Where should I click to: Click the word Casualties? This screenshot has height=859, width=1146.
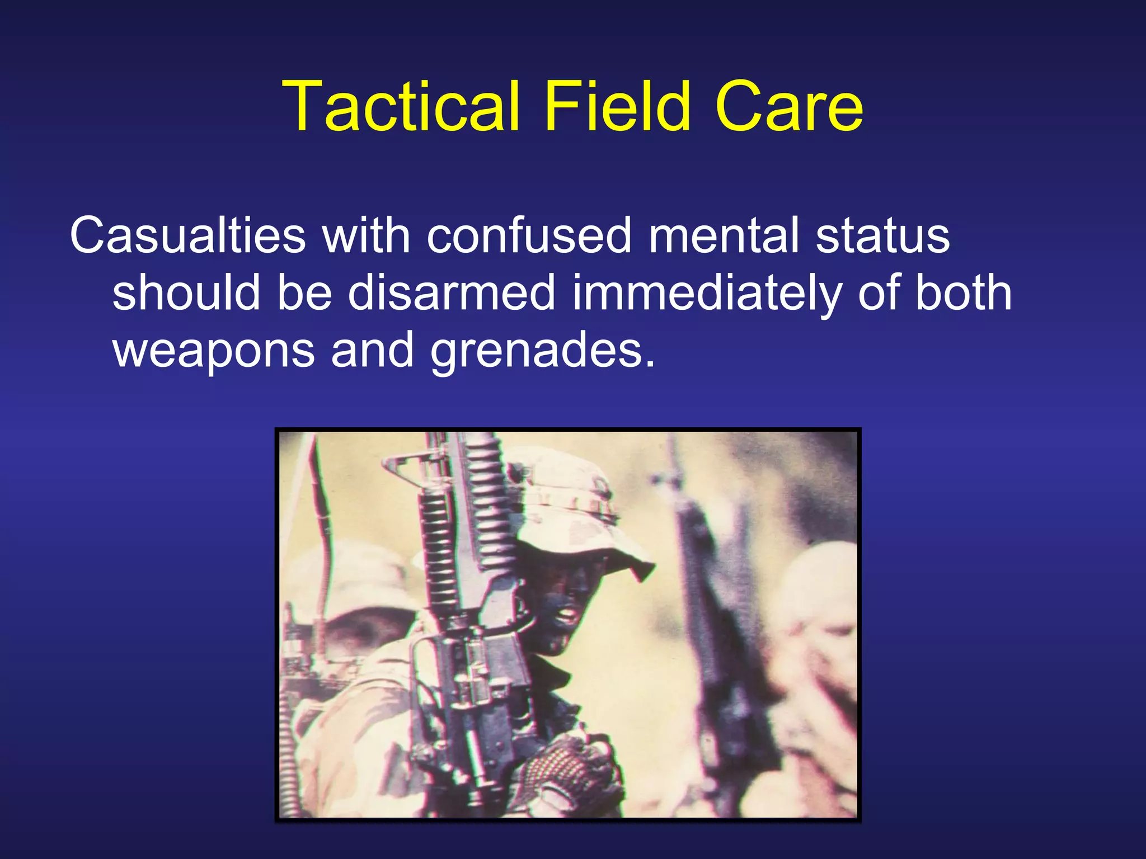(x=187, y=235)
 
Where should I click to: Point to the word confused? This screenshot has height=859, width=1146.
(x=529, y=235)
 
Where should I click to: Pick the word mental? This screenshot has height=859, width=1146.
(x=723, y=235)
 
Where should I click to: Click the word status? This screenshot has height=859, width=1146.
(x=882, y=235)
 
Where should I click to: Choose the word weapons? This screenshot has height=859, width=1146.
(x=214, y=351)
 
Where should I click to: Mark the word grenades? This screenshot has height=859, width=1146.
(x=542, y=351)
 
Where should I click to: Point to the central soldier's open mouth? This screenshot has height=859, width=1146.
(x=567, y=615)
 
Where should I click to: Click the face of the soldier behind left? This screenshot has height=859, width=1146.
(x=358, y=632)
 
